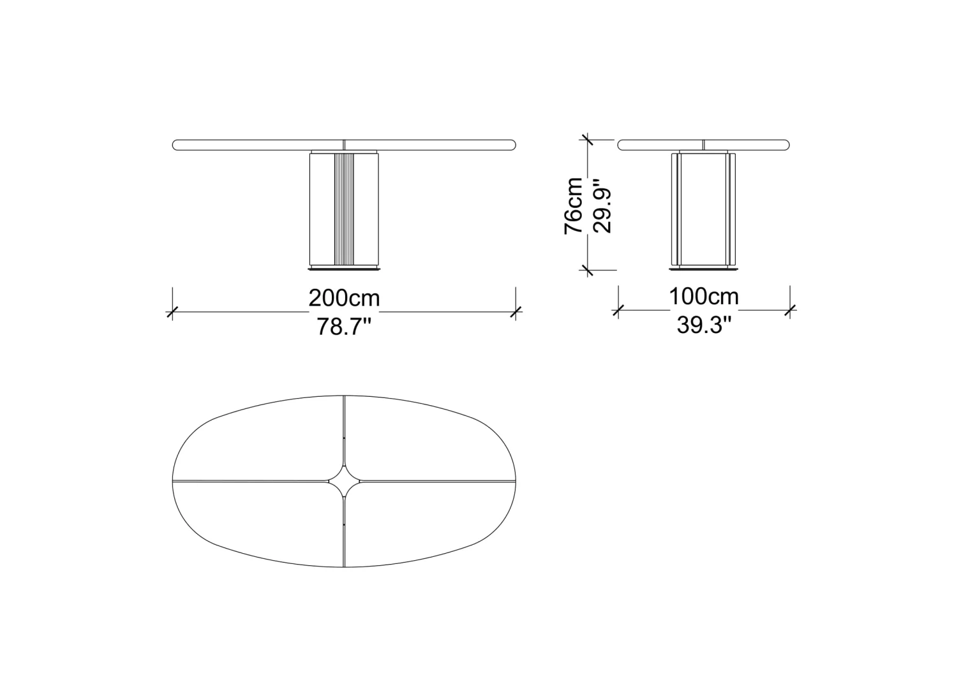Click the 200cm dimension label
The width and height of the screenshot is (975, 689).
point(345,299)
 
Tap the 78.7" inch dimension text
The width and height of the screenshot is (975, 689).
point(343,327)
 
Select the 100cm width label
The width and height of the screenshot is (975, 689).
point(704,297)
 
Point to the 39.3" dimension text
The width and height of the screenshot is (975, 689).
point(704,325)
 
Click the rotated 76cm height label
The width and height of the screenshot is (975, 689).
point(574,206)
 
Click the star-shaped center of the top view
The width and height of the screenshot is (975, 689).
point(345,481)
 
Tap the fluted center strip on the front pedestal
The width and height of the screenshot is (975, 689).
point(344,209)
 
